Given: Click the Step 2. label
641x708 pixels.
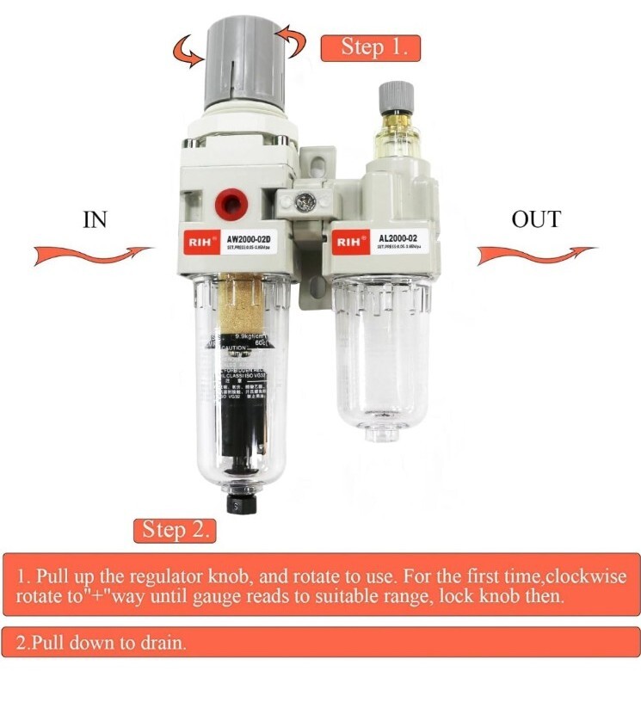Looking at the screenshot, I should coord(175,530).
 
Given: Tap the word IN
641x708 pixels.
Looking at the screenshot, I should coord(95,219).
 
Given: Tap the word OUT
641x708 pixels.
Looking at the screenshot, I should coord(535,219).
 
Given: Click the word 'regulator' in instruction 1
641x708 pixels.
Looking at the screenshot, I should coord(162,576).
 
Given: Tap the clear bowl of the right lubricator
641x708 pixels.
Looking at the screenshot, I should coord(381,353).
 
